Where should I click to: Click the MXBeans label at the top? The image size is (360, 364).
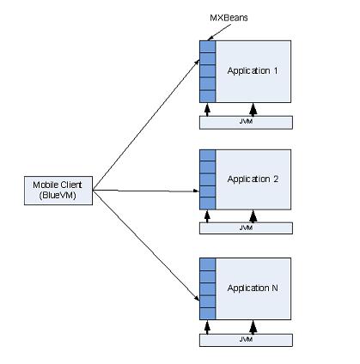pos(229,18)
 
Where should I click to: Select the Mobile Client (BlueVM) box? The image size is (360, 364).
pos(58,191)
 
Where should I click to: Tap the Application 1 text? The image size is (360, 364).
pos(253,71)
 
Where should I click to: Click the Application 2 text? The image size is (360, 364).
pos(253,179)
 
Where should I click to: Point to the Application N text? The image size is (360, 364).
pos(253,288)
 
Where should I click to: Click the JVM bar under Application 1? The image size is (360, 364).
pos(246,123)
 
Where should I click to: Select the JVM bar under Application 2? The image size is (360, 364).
pos(246,228)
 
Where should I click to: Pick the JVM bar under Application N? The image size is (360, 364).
pos(246,340)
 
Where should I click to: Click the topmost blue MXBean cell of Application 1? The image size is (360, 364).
pos(207,46)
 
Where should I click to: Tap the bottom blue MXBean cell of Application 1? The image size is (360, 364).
pos(207,96)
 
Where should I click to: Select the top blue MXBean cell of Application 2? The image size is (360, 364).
pos(207,155)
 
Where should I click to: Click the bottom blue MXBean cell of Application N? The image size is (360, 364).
pos(207,314)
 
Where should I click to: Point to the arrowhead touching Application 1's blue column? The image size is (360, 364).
pos(197,62)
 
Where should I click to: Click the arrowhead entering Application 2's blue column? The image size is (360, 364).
pos(197,191)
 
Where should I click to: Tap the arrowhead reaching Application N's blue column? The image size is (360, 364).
pos(197,298)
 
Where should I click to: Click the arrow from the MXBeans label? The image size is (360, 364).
pos(219,32)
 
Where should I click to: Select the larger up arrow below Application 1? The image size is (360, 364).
pos(253,110)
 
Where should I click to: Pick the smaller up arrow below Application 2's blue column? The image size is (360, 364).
pos(207,216)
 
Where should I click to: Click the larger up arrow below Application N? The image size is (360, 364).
pos(253,327)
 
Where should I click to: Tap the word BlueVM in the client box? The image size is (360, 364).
pos(58,196)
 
